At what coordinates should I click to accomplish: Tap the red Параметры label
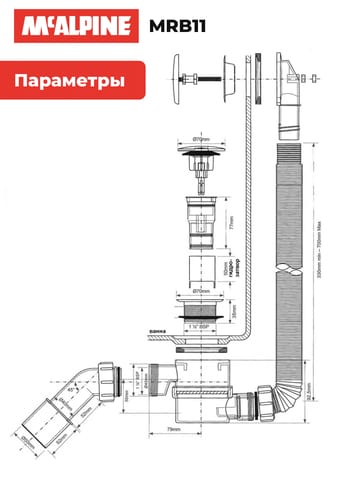[x=69, y=81]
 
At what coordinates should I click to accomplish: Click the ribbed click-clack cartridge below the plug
[x=201, y=223]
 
